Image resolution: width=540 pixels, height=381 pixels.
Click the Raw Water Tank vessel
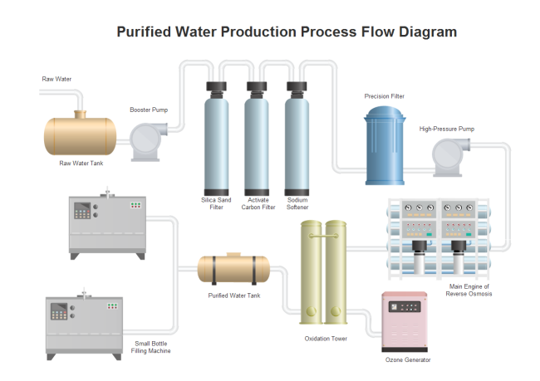pyautogui.click(x=81, y=134)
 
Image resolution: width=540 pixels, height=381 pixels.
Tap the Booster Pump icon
pyautogui.click(x=147, y=139)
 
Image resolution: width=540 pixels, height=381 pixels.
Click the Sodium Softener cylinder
pyautogui.click(x=296, y=142)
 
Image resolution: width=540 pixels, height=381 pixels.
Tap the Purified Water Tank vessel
pyautogui.click(x=233, y=268)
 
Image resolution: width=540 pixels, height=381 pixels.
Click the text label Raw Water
pyautogui.click(x=56, y=80)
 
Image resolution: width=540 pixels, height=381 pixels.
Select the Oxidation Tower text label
pyautogui.click(x=325, y=338)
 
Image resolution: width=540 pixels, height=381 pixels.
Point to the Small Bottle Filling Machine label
pyautogui.click(x=153, y=347)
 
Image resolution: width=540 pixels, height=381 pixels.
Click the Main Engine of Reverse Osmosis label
pyautogui.click(x=470, y=290)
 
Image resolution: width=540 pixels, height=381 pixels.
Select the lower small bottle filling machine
pyautogui.click(x=83, y=325)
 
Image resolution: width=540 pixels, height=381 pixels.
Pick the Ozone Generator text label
pyautogui.click(x=408, y=359)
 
